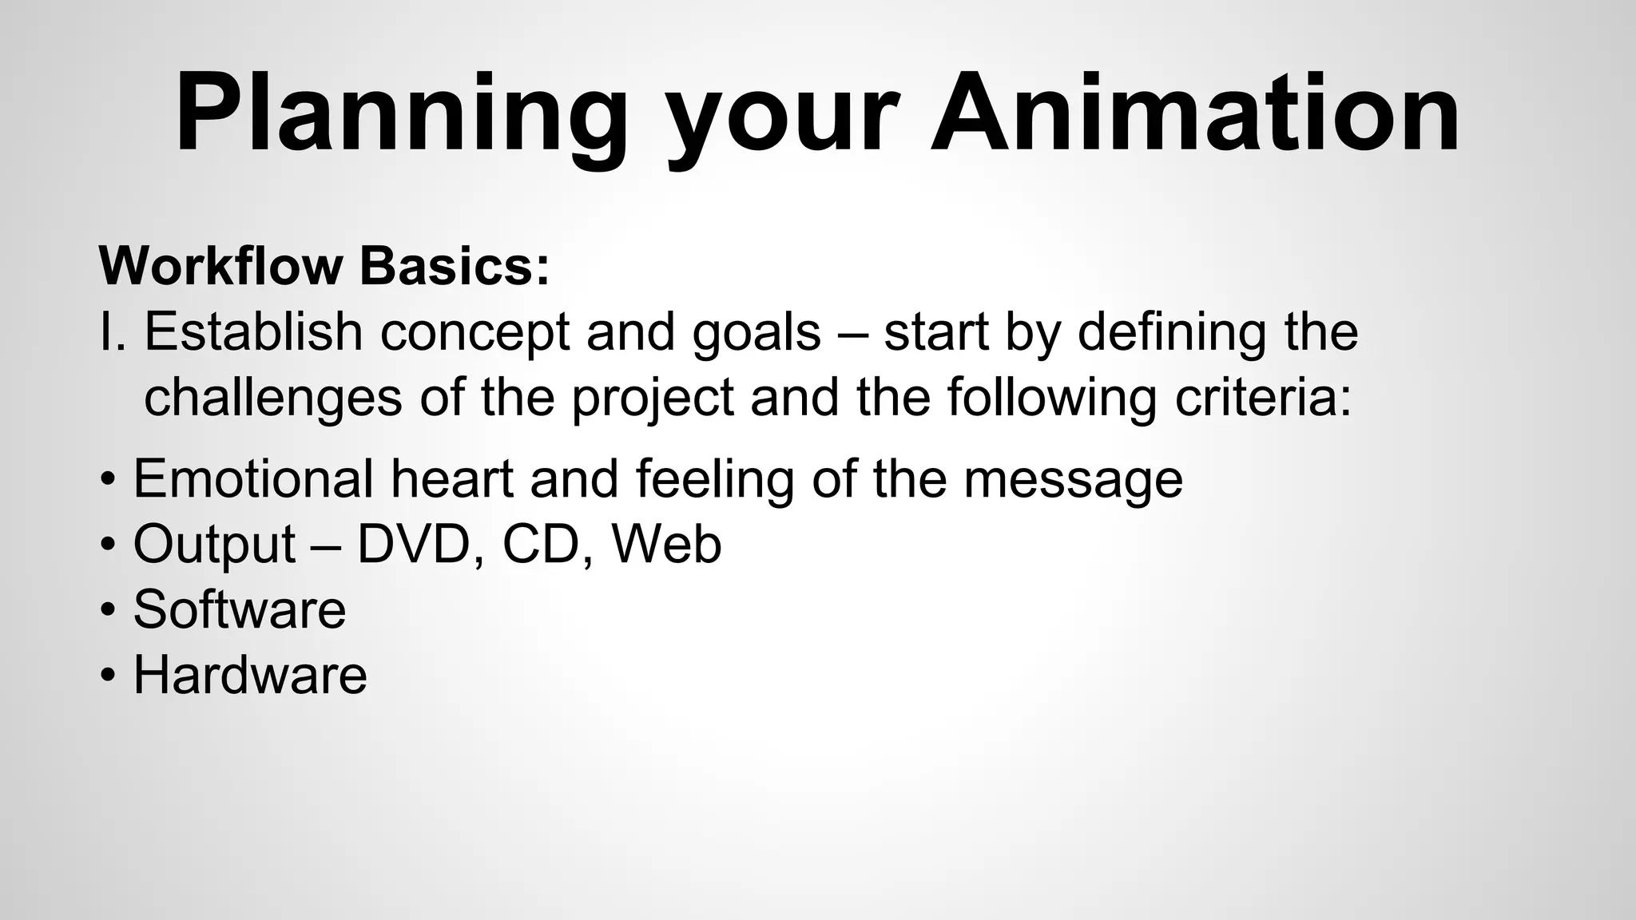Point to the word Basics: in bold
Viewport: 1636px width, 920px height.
click(455, 265)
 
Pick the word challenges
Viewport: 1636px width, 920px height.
click(272, 399)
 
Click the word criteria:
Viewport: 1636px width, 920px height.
click(1263, 397)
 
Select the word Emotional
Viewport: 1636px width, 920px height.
click(252, 478)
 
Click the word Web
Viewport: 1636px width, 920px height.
click(666, 544)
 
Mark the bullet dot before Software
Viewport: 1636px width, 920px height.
click(108, 611)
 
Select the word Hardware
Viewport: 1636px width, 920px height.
click(249, 675)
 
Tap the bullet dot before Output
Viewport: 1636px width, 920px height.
click(108, 545)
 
